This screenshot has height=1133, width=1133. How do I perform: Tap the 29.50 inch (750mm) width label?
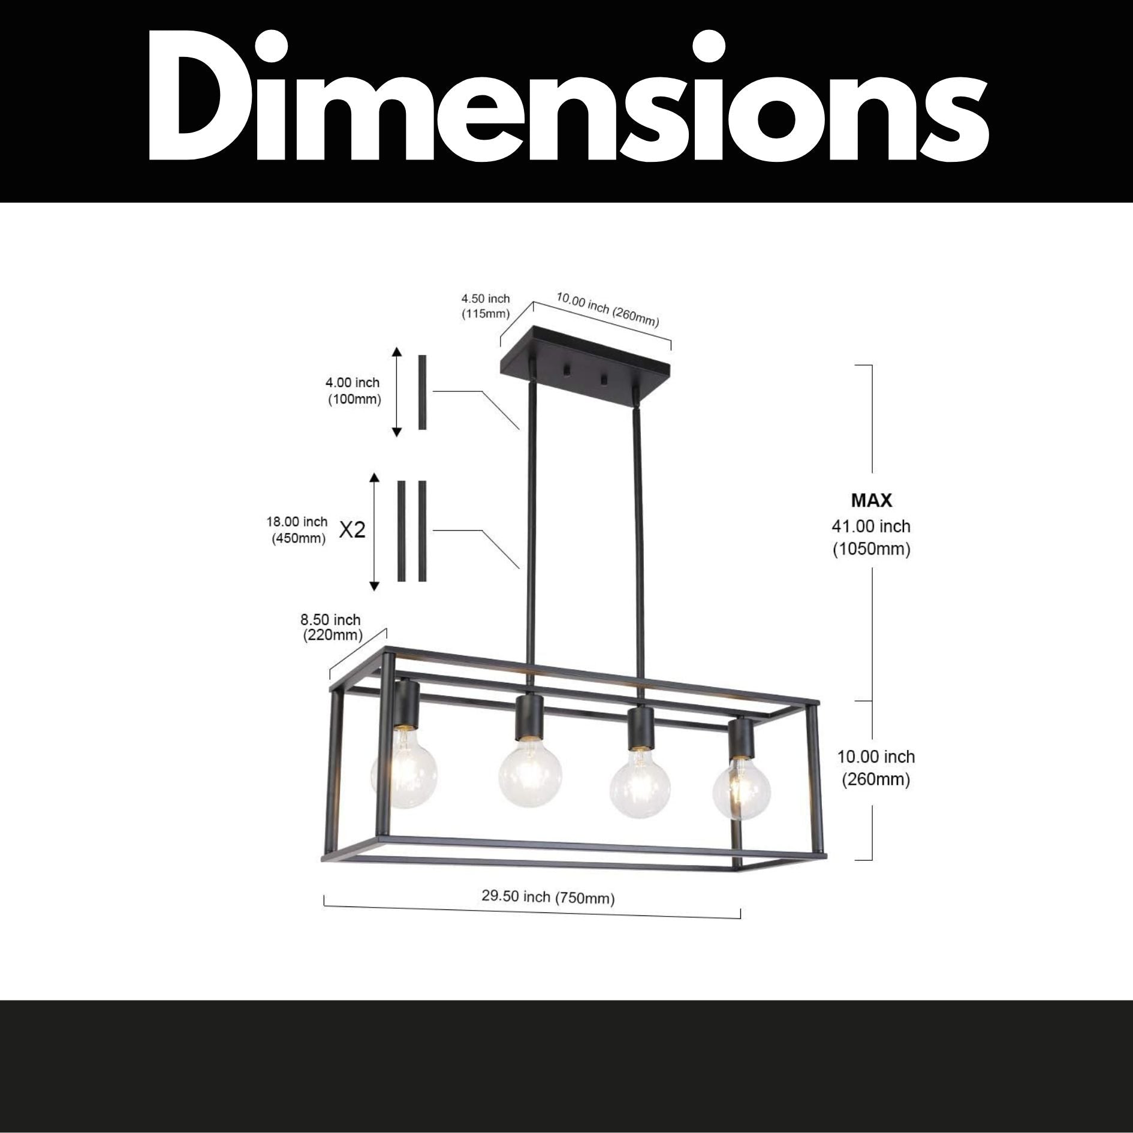pos(548,897)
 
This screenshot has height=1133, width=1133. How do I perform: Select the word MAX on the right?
pos(871,500)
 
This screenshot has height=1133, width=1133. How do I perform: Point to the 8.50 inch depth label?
pos(331,626)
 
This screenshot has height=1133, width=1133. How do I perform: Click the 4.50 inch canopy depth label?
pos(485,306)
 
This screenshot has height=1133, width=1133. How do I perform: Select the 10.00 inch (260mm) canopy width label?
pos(607,310)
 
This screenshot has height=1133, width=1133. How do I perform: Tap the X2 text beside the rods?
pos(352,530)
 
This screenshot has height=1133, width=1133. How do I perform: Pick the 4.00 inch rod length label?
pos(352,390)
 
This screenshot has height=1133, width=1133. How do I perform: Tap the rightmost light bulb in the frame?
pos(741,789)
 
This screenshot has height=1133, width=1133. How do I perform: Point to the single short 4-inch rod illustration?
pos(422,392)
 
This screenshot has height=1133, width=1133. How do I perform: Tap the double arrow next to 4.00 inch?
pos(396,391)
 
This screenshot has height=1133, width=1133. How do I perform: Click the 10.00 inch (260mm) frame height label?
pos(876,768)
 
